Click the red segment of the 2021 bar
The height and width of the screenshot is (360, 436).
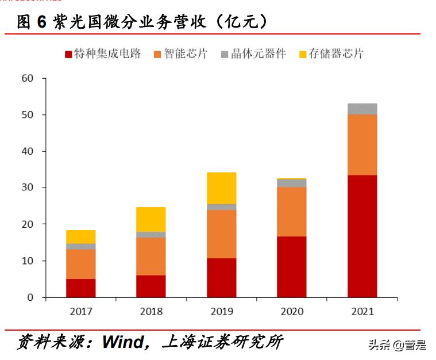coord(362,236)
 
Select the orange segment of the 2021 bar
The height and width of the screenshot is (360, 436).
coord(362,144)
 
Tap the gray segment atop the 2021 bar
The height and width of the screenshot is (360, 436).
coord(362,109)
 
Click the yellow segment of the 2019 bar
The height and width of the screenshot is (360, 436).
coord(221,188)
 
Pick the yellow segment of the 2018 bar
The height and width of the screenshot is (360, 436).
coord(151,219)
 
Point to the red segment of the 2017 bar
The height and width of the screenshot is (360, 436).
coord(80,288)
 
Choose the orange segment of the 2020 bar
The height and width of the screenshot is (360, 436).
coord(291,212)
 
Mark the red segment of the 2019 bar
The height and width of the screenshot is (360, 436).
coord(221,277)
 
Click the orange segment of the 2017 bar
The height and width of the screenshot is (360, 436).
coord(80,264)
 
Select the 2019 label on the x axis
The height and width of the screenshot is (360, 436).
coord(221,312)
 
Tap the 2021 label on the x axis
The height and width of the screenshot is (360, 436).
coord(362,312)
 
